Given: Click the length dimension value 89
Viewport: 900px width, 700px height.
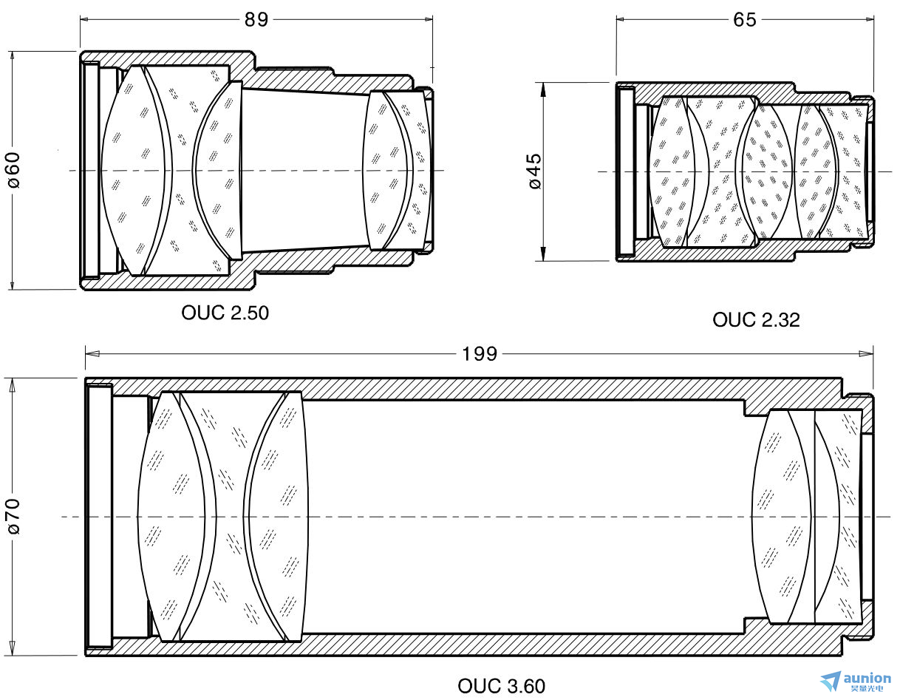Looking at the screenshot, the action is pyautogui.click(x=256, y=19).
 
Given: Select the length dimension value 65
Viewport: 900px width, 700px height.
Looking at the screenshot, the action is pyautogui.click(x=744, y=19).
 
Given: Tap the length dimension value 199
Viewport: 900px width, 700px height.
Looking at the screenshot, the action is pyautogui.click(x=480, y=354).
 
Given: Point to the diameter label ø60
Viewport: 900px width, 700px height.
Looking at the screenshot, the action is pyautogui.click(x=14, y=170).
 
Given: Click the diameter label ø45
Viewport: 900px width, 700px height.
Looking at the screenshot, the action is pyautogui.click(x=535, y=171).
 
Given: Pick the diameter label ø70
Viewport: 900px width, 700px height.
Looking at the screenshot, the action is pyautogui.click(x=14, y=517).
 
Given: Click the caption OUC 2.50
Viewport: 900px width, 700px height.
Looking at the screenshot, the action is pyautogui.click(x=225, y=313).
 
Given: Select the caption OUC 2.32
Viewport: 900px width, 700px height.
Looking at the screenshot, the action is pyautogui.click(x=756, y=320).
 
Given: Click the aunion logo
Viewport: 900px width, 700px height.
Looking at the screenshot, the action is pyautogui.click(x=855, y=682).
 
